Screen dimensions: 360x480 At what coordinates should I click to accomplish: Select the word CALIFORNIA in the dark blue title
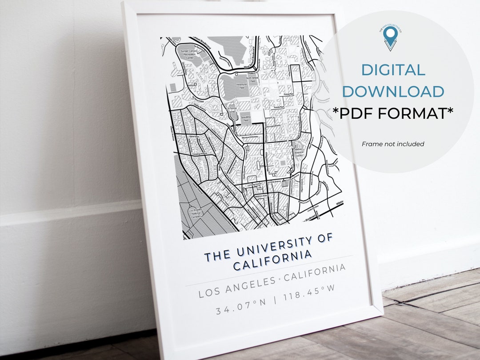click(272, 260)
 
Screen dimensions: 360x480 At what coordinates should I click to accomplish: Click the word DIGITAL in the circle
click(393, 70)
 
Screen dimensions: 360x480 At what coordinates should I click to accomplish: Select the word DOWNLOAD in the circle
click(393, 91)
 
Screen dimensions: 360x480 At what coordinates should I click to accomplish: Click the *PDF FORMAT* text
click(393, 114)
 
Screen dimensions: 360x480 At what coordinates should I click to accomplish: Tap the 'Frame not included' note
click(393, 144)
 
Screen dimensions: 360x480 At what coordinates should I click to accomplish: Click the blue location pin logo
click(390, 37)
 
